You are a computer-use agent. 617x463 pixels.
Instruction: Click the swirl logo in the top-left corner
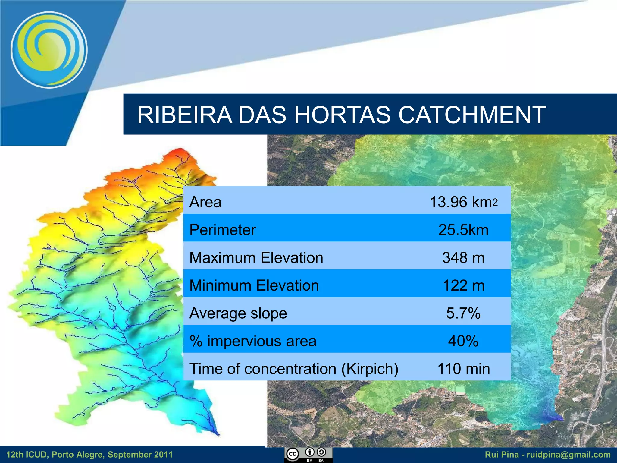pyautogui.click(x=49, y=50)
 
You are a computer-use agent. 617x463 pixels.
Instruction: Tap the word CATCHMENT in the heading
pyautogui.click(x=472, y=115)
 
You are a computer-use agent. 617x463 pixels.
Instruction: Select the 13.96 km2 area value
pyautogui.click(x=463, y=202)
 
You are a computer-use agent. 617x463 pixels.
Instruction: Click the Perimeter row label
pyautogui.click(x=223, y=230)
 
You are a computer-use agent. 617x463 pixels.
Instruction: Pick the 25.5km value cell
pyautogui.click(x=463, y=230)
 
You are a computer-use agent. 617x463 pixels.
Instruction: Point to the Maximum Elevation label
pyautogui.click(x=256, y=258)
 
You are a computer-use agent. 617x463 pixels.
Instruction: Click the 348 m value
pyautogui.click(x=463, y=258)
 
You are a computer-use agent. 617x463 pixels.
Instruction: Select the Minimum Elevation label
pyautogui.click(x=254, y=285)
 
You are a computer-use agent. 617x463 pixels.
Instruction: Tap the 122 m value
pyautogui.click(x=463, y=285)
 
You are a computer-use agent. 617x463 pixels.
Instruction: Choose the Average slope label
pyautogui.click(x=238, y=313)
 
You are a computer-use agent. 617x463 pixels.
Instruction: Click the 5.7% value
pyautogui.click(x=463, y=313)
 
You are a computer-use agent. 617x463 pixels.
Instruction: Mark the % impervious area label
pyautogui.click(x=253, y=341)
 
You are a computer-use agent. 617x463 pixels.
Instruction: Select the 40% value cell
pyautogui.click(x=463, y=341)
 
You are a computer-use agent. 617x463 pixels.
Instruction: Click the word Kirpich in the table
pyautogui.click(x=370, y=369)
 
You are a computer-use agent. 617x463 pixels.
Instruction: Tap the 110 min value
pyautogui.click(x=463, y=369)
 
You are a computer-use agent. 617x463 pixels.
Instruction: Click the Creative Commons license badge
pyautogui.click(x=308, y=455)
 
